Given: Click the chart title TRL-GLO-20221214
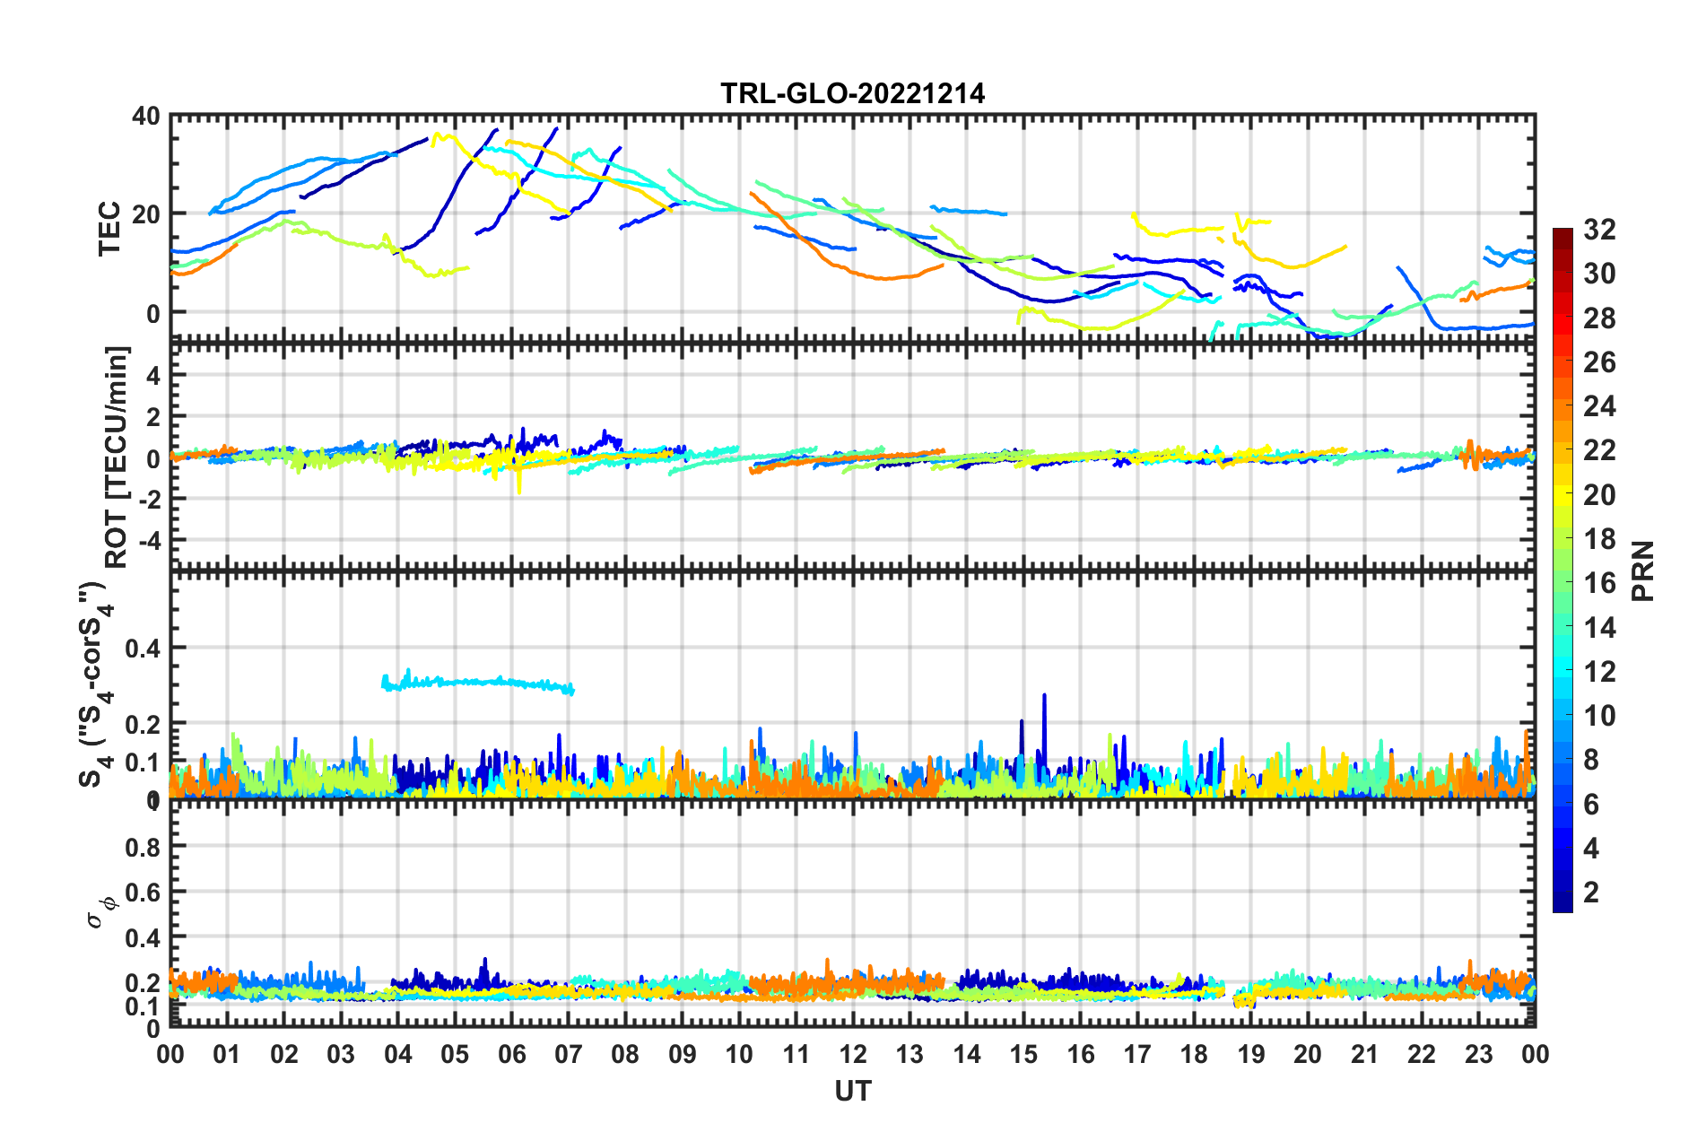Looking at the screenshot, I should click(852, 93).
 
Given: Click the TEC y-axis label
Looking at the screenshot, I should click(109, 229).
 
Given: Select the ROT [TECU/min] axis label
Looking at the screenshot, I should click(117, 457).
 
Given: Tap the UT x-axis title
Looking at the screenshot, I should click(852, 1091).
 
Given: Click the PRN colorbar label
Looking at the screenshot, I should click(1643, 571).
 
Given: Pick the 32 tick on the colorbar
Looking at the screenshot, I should click(1599, 231).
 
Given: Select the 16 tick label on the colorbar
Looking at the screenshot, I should click(1599, 584).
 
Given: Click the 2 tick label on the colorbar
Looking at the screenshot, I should click(1591, 893).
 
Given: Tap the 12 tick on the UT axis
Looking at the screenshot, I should click(853, 1054).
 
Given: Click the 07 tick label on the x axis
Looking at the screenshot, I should click(569, 1054).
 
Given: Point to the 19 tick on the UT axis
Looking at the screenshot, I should click(1251, 1054).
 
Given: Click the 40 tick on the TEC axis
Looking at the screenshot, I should click(145, 117).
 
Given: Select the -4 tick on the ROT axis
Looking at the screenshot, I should click(149, 541).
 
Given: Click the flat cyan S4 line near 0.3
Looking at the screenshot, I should click(475, 683).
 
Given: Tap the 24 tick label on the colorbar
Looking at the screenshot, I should click(1599, 407).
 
